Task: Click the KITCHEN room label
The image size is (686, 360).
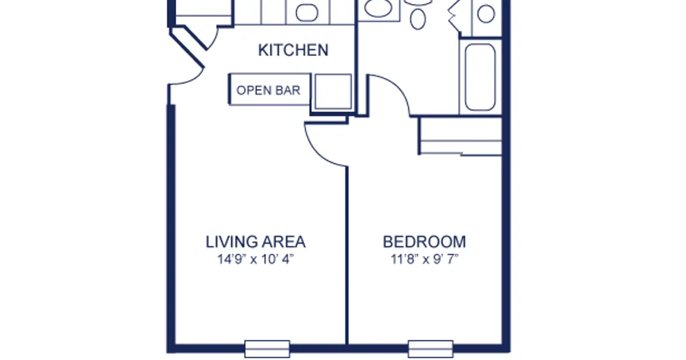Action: [293, 50]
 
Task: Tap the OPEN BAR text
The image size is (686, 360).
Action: [268, 90]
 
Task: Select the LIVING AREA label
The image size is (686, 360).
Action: [256, 242]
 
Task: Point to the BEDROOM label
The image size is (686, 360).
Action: [424, 242]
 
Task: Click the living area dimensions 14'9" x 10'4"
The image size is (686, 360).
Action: [256, 259]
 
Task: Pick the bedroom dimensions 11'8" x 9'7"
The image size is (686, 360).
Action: [424, 259]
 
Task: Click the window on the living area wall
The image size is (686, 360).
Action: [267, 349]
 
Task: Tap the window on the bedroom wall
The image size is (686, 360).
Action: [430, 349]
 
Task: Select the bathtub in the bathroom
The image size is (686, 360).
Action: [480, 77]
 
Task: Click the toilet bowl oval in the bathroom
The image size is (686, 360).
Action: [418, 19]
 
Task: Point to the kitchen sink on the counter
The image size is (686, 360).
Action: [306, 13]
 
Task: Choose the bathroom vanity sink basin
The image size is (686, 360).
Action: [378, 7]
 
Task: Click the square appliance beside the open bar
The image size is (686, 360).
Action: [333, 91]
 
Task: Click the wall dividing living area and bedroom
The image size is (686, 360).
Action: [347, 255]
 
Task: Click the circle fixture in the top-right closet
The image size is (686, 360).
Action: [486, 14]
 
